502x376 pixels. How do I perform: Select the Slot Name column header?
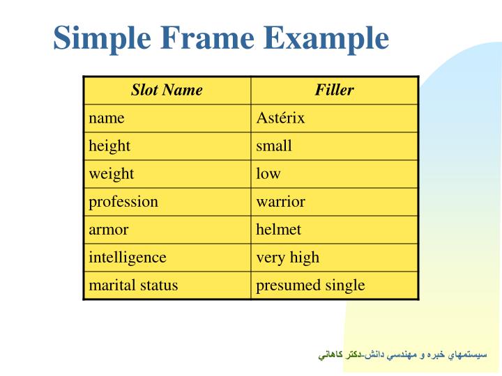pos(167,90)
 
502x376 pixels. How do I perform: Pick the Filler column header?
pos(334,90)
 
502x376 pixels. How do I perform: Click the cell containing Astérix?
pos(280,118)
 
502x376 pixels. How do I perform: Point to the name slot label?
pos(106,118)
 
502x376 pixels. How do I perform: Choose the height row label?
pos(109,146)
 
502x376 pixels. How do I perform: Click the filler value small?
pos(274,146)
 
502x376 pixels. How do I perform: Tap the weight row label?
pos(111,173)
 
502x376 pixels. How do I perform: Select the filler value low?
pos(268,173)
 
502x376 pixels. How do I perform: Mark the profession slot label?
pos(123,201)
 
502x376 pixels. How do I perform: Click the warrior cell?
pos(280,201)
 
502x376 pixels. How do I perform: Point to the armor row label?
pos(109,229)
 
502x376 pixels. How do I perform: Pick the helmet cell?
pos(278,229)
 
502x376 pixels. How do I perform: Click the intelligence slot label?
pos(128,257)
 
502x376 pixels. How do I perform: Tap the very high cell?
pos(287,257)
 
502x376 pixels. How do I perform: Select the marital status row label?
pos(133,285)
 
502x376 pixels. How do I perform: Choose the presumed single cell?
pos(310,285)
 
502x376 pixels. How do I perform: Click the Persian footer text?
pos(402,355)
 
